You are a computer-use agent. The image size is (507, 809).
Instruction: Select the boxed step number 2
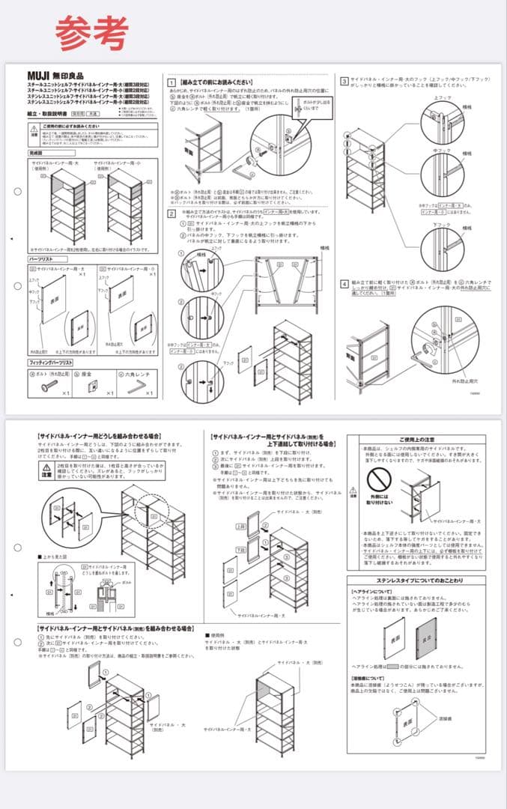click(171, 213)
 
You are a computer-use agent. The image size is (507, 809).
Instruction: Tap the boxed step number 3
click(344, 81)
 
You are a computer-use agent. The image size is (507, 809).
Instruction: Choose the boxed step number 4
click(344, 284)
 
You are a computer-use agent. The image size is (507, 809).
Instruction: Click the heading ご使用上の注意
click(419, 440)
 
